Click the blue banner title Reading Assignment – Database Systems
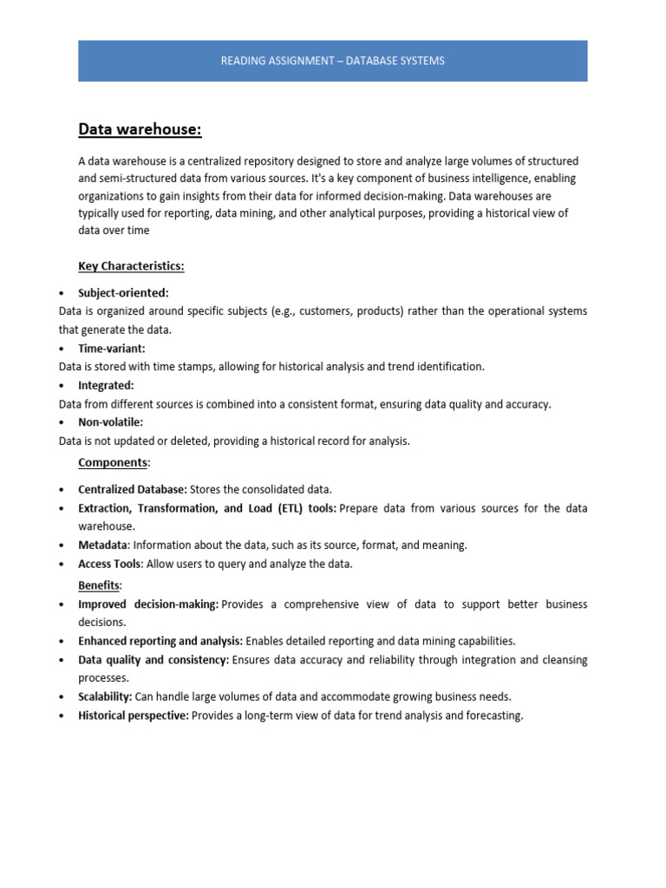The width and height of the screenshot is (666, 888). [x=332, y=61]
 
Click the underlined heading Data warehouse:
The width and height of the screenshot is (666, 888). [x=140, y=130]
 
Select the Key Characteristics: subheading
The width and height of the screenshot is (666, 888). [x=131, y=266]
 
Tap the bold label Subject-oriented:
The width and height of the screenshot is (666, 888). [x=123, y=293]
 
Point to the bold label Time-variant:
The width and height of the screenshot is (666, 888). [x=112, y=348]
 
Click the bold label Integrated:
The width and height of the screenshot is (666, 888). [x=106, y=385]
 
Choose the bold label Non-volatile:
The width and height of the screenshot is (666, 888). [x=110, y=422]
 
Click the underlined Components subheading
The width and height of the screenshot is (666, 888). [x=113, y=462]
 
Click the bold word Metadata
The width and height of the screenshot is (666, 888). [x=103, y=545]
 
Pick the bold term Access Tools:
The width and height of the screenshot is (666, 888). [x=110, y=564]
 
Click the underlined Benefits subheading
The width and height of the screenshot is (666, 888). [x=99, y=585]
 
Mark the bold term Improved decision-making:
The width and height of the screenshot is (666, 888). [x=147, y=604]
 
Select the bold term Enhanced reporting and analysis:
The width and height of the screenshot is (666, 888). [x=160, y=641]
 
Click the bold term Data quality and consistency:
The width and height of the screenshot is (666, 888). [x=153, y=660]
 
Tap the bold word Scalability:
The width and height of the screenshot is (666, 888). [x=105, y=696]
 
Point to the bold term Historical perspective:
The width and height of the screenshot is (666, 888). [x=134, y=715]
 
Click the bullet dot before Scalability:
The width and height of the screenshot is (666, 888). [x=62, y=697]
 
